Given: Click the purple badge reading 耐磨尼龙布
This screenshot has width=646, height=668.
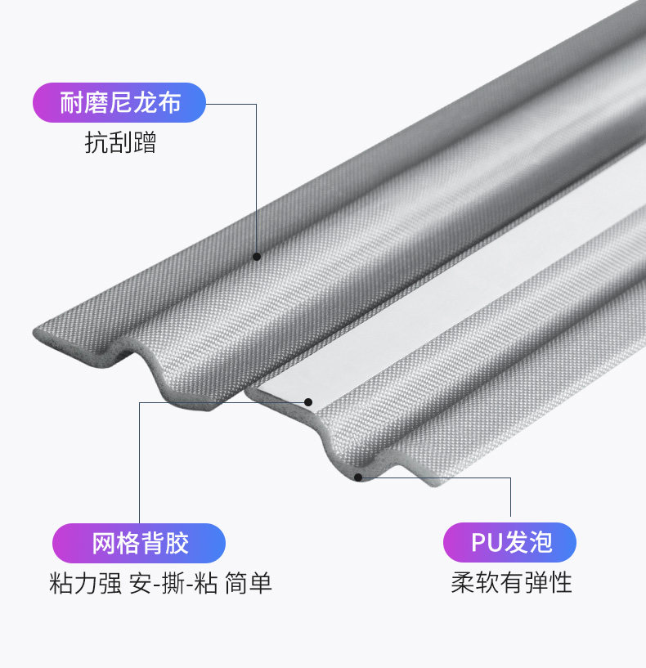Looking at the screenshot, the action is click(x=119, y=103).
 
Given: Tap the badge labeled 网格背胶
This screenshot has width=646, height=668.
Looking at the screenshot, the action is click(x=139, y=543).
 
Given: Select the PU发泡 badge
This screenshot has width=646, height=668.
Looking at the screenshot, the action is click(x=509, y=543).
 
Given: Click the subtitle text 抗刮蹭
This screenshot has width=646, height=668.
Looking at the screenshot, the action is click(x=119, y=143).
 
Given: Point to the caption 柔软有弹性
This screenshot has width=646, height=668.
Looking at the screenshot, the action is click(x=511, y=583).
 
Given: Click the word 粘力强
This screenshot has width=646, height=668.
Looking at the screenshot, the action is click(x=85, y=584).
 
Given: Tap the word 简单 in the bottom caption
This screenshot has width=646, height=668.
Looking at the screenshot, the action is click(x=249, y=584).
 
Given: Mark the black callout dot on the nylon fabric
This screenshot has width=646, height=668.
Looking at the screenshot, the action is click(x=257, y=256).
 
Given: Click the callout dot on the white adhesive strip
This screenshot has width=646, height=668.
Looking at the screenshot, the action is click(x=309, y=401).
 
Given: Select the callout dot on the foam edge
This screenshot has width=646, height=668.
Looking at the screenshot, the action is click(x=357, y=476).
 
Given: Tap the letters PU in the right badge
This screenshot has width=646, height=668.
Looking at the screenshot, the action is click(x=484, y=543).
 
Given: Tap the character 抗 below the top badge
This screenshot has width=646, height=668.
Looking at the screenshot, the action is click(x=96, y=143).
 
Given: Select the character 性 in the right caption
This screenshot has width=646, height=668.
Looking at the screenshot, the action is click(x=560, y=583).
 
